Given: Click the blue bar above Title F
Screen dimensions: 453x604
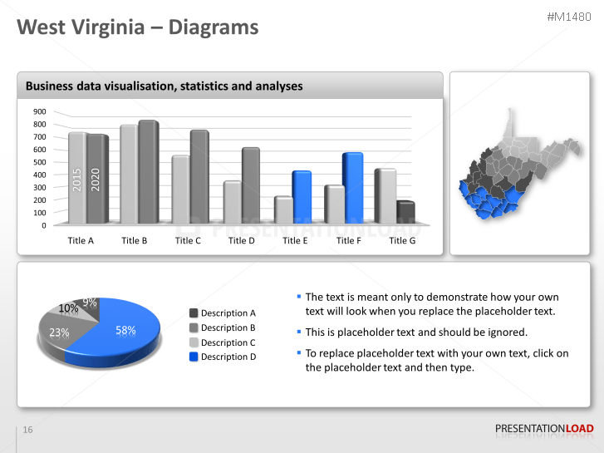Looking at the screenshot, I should point(352,188).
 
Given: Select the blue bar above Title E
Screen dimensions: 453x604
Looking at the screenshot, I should point(301,197).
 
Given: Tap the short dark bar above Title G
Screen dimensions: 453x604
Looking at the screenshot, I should point(405,213).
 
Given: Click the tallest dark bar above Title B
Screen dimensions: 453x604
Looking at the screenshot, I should point(148,172).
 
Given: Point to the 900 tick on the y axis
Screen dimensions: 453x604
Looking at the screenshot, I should point(40,111).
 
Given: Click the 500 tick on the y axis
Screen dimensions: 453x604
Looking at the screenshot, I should point(40,162).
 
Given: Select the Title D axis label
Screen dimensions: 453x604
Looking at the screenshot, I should point(241,240).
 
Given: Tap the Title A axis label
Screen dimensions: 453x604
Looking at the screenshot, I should point(81,240).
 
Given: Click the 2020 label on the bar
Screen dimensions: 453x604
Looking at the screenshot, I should point(96,179).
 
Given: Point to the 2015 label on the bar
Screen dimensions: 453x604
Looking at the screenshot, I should point(77,179).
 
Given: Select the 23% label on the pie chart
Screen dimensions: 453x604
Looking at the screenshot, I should point(59,332).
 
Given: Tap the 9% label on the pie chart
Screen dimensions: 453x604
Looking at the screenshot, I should point(90,303).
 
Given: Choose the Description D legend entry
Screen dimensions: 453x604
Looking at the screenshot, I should point(228,357).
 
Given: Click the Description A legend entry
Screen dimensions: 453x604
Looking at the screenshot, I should point(228,313).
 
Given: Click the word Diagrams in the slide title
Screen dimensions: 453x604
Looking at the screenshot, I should point(214,27).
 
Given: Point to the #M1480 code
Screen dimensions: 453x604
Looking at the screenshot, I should point(570,17).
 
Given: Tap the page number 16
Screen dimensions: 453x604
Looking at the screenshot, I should point(27,430).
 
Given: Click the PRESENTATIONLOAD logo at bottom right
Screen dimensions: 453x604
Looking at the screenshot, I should point(544,429).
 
